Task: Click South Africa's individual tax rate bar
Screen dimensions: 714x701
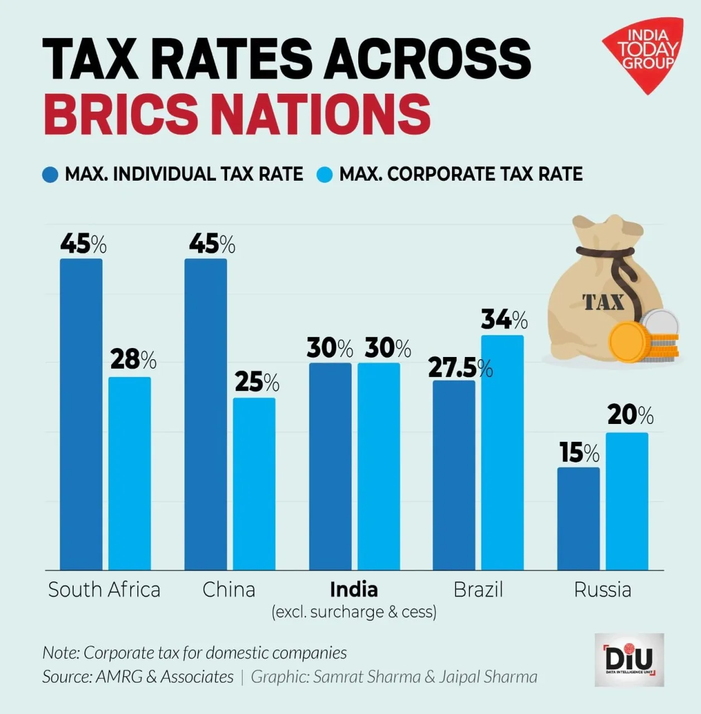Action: [81, 414]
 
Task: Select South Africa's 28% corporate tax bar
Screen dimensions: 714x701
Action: [129, 473]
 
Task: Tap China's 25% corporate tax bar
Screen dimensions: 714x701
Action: [254, 483]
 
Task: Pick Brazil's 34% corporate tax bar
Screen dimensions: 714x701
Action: [502, 452]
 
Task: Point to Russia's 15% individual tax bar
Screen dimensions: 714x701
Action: [578, 518]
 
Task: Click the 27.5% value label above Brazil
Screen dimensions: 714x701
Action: [460, 368]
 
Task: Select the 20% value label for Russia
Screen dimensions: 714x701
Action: [630, 415]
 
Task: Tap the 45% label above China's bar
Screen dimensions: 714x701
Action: [212, 244]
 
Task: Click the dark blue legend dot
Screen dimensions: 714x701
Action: [50, 175]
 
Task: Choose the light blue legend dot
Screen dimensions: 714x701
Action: [324, 175]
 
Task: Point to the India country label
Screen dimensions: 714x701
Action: [354, 589]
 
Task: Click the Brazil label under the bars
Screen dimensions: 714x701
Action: [478, 589]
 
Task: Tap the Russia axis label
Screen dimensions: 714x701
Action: [602, 589]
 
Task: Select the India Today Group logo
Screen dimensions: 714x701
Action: [645, 53]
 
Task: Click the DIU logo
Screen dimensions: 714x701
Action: [629, 659]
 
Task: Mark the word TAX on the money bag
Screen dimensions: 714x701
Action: [603, 302]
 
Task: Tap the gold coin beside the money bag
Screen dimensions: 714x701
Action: [628, 341]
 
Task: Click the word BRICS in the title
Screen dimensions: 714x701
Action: [121, 113]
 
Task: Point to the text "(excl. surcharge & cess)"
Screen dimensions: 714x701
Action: [354, 612]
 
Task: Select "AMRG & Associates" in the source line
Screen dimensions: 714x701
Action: [165, 677]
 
